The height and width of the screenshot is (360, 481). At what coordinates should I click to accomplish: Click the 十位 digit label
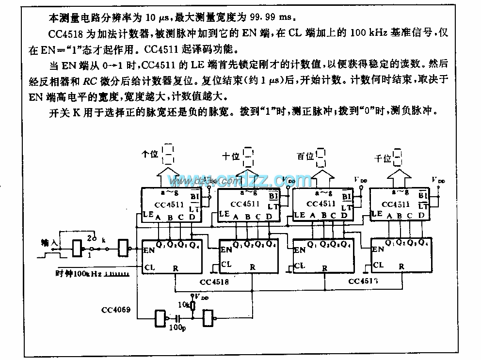coord(231,156)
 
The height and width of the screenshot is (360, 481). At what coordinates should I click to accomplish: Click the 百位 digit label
coord(305,156)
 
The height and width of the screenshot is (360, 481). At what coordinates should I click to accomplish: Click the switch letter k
coord(103,239)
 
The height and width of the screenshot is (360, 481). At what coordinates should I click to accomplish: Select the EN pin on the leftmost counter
coord(149,250)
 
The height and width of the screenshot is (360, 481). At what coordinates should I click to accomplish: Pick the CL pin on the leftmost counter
coord(148,266)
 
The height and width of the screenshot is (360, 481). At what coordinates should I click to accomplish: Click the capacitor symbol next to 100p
coord(178,319)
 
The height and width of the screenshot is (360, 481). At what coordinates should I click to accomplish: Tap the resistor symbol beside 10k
coord(193,306)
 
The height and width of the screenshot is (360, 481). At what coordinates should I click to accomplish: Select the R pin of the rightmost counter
coord(401,266)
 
